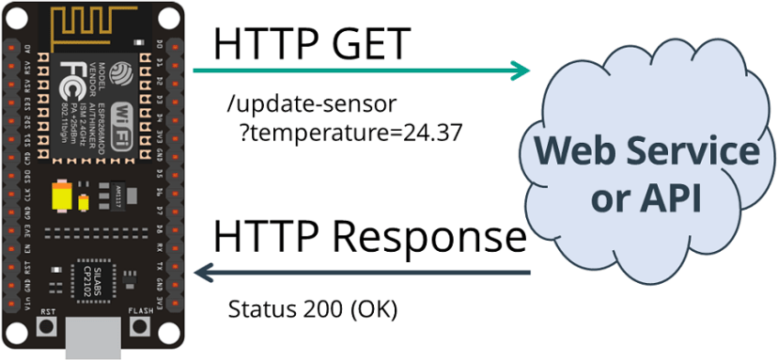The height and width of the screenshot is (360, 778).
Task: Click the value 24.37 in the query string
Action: tap(432, 131)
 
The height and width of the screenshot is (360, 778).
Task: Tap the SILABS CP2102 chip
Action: tap(93, 279)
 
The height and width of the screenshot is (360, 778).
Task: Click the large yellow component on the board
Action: tap(64, 195)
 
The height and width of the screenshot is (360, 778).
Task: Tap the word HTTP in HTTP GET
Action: tap(259, 43)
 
